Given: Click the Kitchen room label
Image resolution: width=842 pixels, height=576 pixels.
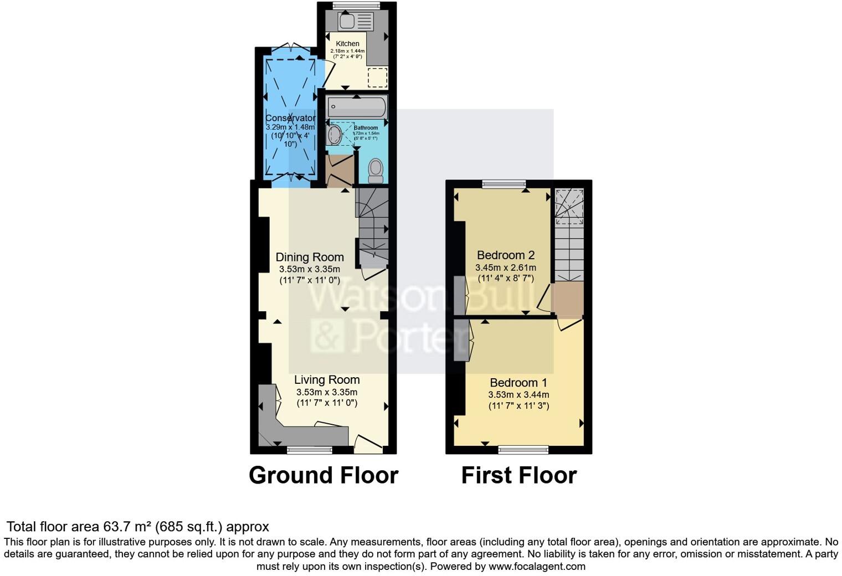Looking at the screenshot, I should pyautogui.click(x=347, y=44).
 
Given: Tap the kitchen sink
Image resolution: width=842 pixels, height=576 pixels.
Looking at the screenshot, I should pyautogui.click(x=348, y=22).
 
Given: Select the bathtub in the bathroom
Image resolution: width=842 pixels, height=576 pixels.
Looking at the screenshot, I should pyautogui.click(x=356, y=105).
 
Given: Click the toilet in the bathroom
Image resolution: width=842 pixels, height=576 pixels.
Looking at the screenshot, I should pyautogui.click(x=376, y=169).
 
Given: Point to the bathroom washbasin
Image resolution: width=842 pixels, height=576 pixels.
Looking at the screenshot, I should pyautogui.click(x=333, y=135).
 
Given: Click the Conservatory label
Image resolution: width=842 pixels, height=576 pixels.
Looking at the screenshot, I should pyautogui.click(x=290, y=118).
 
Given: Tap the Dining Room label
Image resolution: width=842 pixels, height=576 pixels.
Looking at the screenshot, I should pyautogui.click(x=310, y=257).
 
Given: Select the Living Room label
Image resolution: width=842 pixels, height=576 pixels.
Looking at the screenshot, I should pyautogui.click(x=327, y=380).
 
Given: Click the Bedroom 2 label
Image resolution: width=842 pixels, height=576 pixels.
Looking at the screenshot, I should pyautogui.click(x=506, y=255).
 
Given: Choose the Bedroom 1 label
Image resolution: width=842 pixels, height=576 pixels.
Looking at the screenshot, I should pyautogui.click(x=518, y=383).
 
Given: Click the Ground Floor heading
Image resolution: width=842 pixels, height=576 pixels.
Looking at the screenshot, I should pyautogui.click(x=324, y=475).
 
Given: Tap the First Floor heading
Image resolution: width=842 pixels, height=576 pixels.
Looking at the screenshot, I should pyautogui.click(x=519, y=475).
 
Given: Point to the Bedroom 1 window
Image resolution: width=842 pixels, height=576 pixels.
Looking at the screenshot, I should pyautogui.click(x=523, y=450).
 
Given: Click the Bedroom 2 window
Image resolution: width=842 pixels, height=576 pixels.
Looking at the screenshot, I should pyautogui.click(x=504, y=184).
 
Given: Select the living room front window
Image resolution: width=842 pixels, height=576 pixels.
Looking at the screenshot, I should pyautogui.click(x=309, y=450).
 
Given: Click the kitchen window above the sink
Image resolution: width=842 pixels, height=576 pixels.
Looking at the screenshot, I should pyautogui.click(x=356, y=6).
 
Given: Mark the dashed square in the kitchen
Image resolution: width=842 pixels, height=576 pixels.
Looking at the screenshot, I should pyautogui.click(x=378, y=78).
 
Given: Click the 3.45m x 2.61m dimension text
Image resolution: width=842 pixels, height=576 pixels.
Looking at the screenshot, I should pyautogui.click(x=506, y=268).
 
